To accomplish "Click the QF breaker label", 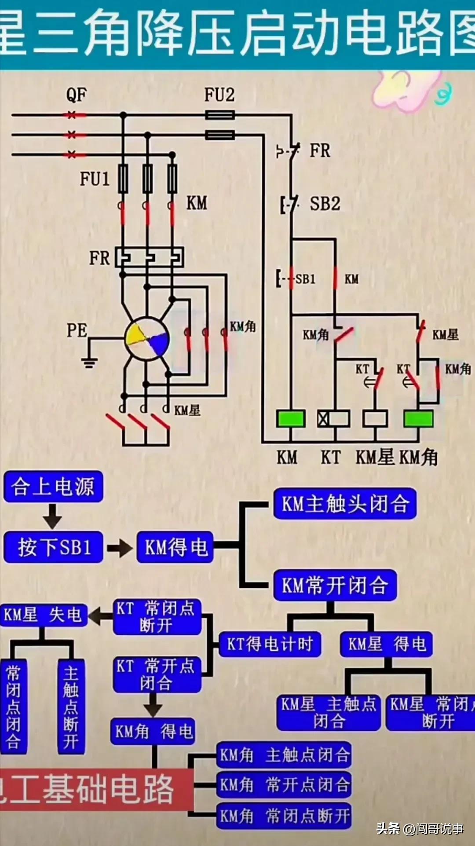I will click(x=77, y=94).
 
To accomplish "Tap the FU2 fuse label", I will click(x=219, y=94).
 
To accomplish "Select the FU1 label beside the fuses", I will click(x=95, y=179).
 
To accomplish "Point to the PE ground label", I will click(x=77, y=330).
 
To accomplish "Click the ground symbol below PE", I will click(x=89, y=362).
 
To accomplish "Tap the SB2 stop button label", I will click(x=325, y=204).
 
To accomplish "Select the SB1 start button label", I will click(x=305, y=279).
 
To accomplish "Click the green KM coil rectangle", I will click(x=291, y=418).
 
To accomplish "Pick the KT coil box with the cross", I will click(x=333, y=418).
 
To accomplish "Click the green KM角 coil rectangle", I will click(x=418, y=418).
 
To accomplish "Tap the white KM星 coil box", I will click(x=375, y=418).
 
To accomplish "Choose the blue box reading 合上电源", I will click(x=53, y=487).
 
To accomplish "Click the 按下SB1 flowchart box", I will click(x=53, y=547).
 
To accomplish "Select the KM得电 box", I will click(x=175, y=547).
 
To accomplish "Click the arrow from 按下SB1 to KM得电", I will click(x=119, y=548).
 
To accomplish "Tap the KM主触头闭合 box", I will click(x=345, y=503).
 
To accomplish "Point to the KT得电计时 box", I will click(x=270, y=644).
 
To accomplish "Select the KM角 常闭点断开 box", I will click(x=284, y=817).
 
